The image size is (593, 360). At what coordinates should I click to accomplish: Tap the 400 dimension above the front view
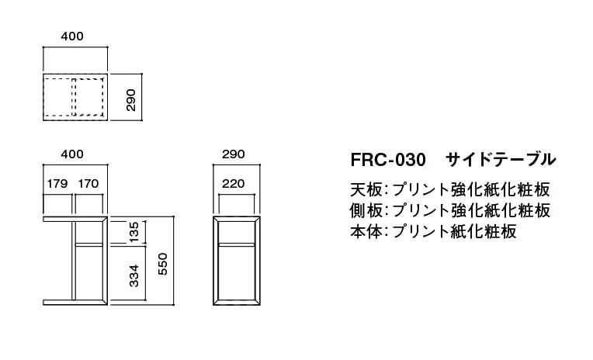(72, 154)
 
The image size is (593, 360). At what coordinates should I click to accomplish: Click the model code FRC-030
(388, 161)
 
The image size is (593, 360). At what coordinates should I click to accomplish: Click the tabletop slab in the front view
(75, 220)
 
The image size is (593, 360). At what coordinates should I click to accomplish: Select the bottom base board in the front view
(75, 299)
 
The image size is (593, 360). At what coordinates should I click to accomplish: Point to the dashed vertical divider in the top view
(73, 97)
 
